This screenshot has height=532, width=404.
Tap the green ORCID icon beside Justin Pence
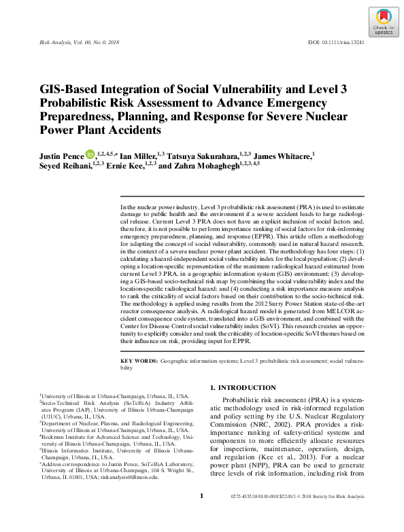coord(90,156)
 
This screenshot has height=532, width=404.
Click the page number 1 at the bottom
coord(202,515)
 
